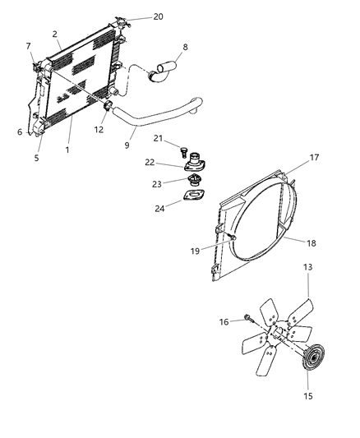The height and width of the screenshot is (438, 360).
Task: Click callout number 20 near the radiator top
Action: coord(158,16)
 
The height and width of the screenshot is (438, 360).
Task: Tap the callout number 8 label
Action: coord(185,47)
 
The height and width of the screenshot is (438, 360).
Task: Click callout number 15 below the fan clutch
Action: coord(307,397)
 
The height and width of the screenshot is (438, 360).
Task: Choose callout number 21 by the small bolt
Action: coord(159,137)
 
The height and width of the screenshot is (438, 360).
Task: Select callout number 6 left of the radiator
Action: coord(19,131)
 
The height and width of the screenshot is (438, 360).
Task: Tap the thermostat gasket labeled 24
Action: coord(193,199)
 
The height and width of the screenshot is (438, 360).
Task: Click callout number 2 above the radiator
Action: coord(54,34)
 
